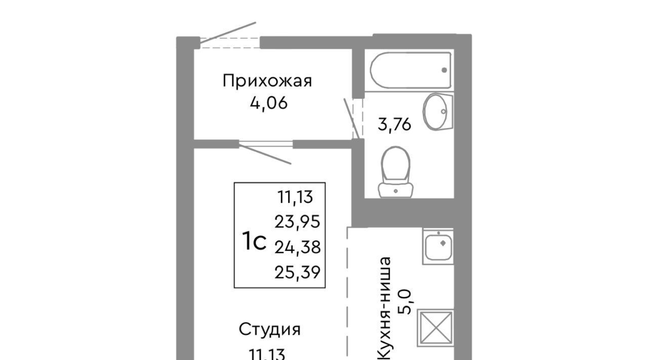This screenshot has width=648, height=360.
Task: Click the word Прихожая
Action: (x=267, y=81)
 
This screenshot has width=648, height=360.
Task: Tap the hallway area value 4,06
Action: (x=269, y=103)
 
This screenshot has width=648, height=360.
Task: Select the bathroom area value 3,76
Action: (x=394, y=125)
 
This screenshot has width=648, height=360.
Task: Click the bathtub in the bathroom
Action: (x=411, y=70)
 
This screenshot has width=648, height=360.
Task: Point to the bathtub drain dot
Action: (x=444, y=70)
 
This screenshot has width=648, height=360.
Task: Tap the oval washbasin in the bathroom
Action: (x=437, y=112)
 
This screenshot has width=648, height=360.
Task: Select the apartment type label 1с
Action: (x=254, y=241)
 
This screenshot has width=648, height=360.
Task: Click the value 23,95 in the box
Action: (x=297, y=222)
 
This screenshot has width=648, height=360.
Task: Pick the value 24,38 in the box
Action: (x=297, y=247)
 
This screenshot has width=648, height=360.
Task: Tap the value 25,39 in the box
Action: (x=297, y=272)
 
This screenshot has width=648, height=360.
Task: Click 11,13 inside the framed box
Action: (x=295, y=197)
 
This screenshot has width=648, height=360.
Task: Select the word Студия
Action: (x=270, y=330)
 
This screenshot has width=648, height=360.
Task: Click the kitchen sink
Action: (x=438, y=247)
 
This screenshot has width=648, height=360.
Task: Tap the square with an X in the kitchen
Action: (x=435, y=328)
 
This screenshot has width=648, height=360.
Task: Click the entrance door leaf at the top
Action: (x=228, y=33)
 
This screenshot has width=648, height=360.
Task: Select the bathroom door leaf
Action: (x=351, y=119)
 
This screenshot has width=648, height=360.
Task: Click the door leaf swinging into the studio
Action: (x=265, y=154)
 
